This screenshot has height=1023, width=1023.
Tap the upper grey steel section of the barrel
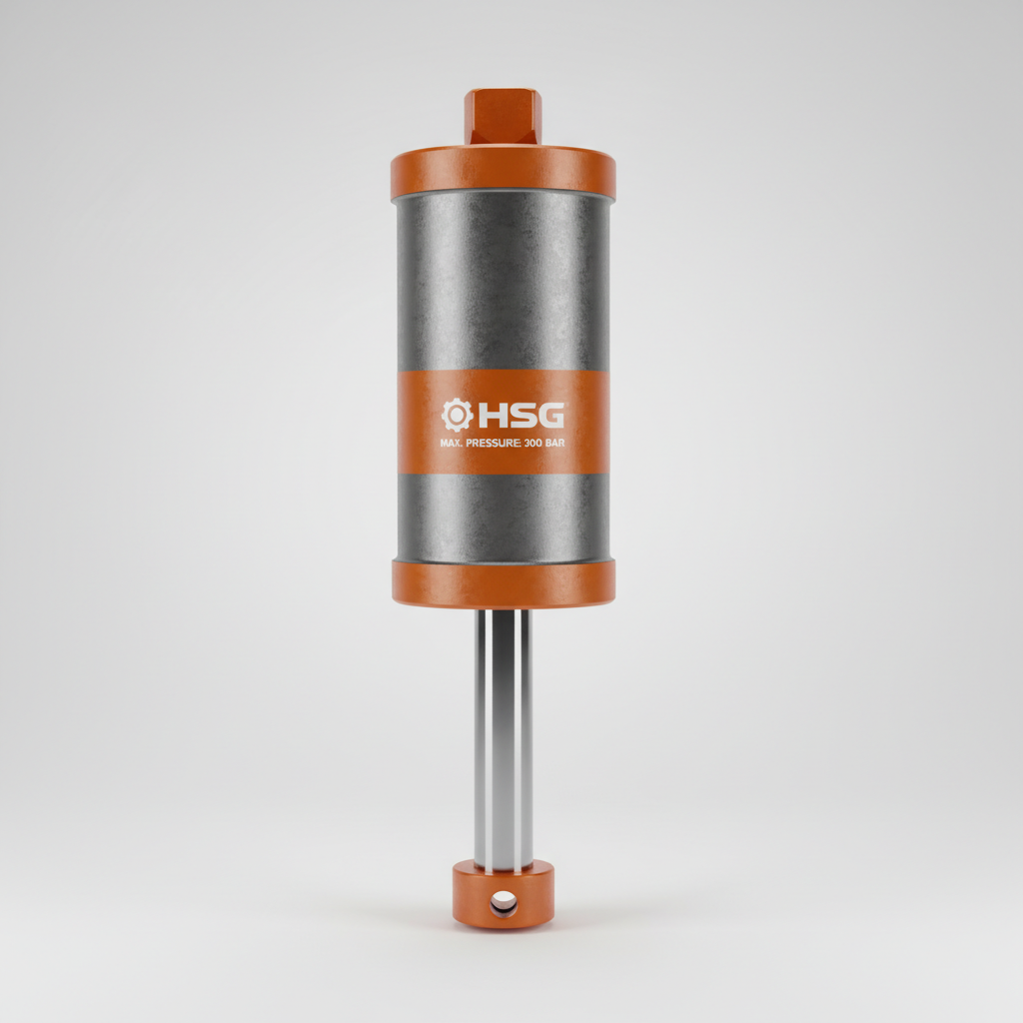click(x=503, y=280)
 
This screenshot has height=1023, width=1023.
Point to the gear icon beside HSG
click(x=457, y=415)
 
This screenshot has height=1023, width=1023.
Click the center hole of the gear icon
click(x=457, y=415)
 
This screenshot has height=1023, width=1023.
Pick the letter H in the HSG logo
click(x=492, y=415)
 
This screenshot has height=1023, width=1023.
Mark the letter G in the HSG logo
click(x=548, y=415)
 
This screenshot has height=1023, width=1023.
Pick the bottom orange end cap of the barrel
click(x=503, y=583)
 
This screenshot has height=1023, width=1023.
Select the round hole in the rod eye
click(x=505, y=905)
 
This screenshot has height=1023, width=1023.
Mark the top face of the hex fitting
click(x=503, y=95)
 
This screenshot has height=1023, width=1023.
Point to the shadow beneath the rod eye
click(x=503, y=935)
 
